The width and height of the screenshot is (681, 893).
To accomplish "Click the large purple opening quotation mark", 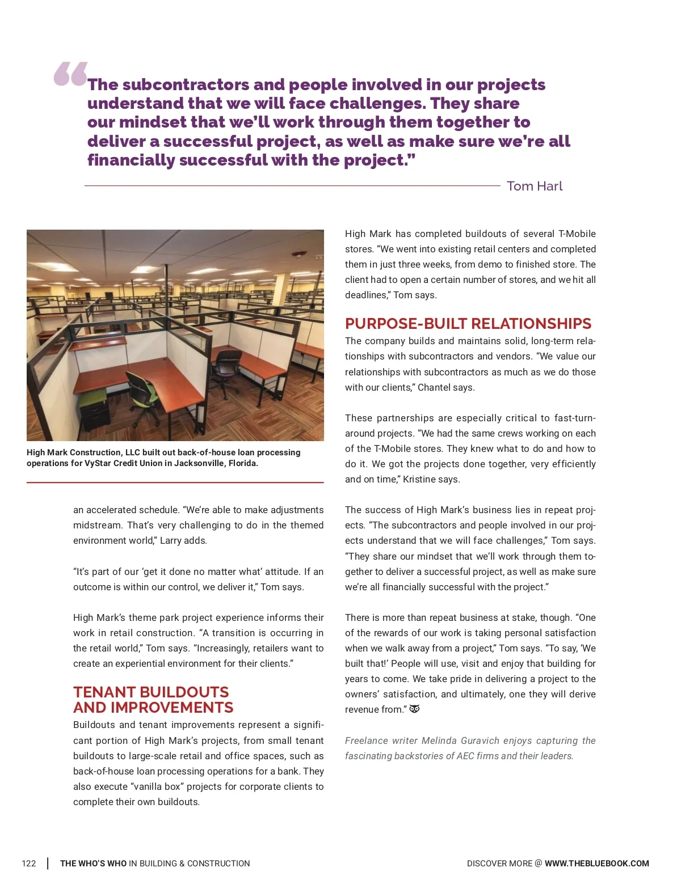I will tap(70, 74).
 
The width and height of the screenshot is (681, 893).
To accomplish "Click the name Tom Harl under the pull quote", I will tap(534, 186).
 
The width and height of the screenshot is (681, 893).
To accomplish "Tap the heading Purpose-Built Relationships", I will tap(468, 323).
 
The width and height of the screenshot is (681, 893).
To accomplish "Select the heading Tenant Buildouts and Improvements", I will tap(153, 700).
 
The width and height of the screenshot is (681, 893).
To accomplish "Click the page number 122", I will tap(28, 864).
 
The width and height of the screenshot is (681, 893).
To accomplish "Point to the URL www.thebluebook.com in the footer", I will tap(596, 864).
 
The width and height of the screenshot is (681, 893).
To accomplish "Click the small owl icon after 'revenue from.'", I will tap(415, 709).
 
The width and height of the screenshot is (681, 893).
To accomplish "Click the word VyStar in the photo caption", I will tap(99, 463).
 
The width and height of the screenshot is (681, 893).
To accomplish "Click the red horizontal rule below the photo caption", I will tap(175, 483).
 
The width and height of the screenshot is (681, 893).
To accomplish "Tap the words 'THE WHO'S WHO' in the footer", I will tap(93, 864).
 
